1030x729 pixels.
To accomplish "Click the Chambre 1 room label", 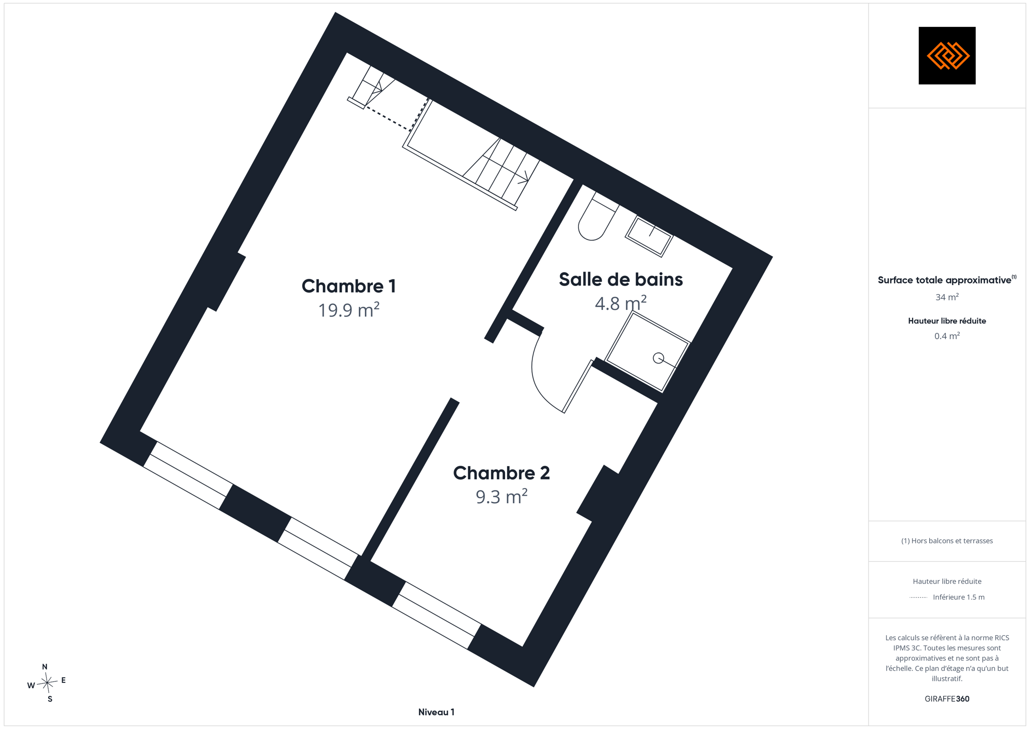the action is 349,286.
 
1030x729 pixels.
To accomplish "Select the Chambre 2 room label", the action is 501,473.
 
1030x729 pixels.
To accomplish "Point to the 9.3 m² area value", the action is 501,497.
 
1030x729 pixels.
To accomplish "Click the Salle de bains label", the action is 621,279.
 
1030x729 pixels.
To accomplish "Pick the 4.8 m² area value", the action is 621,303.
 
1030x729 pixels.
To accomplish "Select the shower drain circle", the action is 658,358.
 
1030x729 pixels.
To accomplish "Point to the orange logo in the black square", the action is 947,56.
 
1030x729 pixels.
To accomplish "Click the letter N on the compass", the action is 45,667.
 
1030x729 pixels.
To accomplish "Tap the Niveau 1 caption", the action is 436,712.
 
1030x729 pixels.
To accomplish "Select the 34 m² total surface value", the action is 947,297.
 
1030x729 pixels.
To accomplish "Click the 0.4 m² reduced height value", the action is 947,336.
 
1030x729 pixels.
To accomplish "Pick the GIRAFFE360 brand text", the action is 947,699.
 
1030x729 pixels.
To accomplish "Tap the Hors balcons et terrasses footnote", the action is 947,541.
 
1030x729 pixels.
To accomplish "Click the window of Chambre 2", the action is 436,616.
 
